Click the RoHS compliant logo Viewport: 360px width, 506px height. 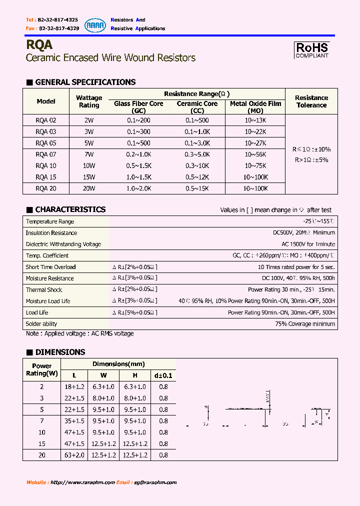312,49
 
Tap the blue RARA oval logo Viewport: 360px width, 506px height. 94,24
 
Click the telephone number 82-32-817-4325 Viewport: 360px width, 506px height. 58,19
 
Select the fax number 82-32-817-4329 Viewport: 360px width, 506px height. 58,28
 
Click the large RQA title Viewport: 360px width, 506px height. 39,45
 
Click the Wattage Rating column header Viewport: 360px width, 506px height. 89,101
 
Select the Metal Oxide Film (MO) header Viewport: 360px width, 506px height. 255,107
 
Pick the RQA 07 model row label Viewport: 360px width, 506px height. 46,154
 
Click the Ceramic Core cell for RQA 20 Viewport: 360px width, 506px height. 197,188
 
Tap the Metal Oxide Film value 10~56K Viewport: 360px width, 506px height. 255,154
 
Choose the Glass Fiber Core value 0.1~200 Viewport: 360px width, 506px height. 138,120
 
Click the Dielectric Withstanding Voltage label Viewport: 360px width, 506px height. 63,244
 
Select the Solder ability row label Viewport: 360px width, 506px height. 41,324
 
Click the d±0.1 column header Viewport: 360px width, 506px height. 163,375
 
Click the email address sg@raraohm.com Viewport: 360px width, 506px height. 155,482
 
